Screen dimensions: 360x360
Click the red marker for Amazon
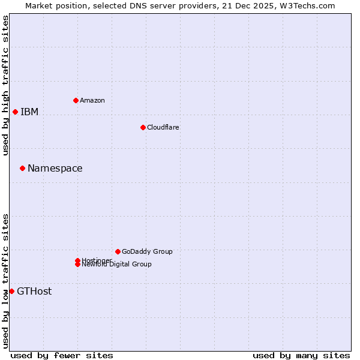click(76, 100)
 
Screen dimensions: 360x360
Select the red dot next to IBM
click(15, 112)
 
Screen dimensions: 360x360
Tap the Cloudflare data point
click(143, 127)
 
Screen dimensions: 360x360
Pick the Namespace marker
click(22, 168)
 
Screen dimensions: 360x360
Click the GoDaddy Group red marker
click(118, 251)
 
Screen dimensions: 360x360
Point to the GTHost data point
click(11, 291)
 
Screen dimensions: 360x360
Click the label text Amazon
click(92, 100)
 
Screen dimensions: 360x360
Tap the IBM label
click(29, 112)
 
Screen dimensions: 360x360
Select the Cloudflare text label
click(163, 127)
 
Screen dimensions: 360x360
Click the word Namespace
click(55, 169)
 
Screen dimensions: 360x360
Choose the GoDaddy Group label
click(147, 251)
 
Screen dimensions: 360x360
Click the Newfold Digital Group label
click(116, 265)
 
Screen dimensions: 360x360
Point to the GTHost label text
click(34, 292)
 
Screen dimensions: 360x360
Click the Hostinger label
click(97, 260)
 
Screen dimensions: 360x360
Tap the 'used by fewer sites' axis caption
click(62, 356)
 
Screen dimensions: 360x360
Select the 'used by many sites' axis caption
click(301, 356)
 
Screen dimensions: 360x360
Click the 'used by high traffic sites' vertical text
click(5, 86)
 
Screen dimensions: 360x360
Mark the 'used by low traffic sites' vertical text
click(5, 281)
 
